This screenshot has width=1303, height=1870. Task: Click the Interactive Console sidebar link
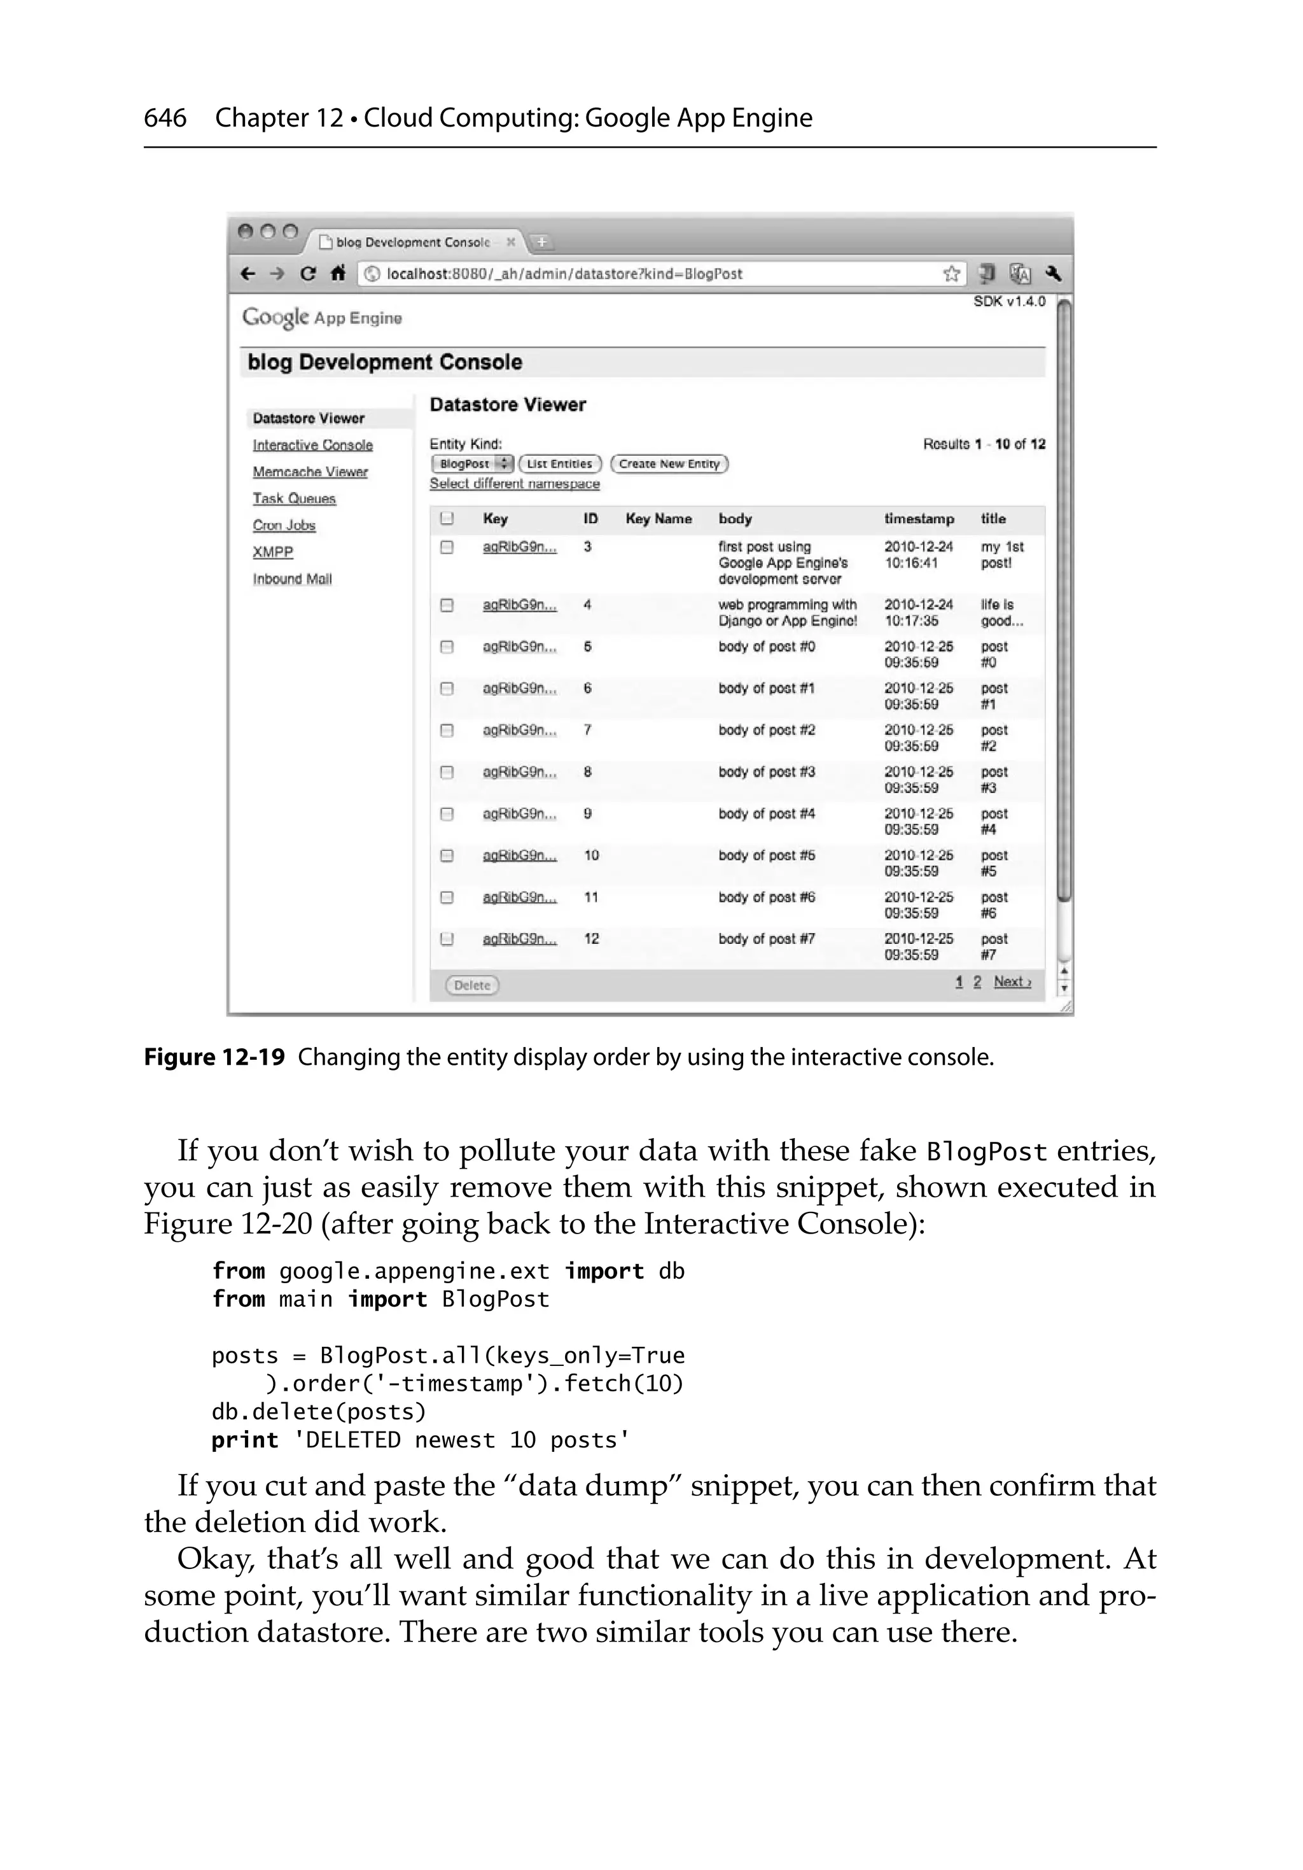[x=313, y=445]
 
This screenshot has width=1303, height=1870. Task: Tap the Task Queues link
[x=294, y=498]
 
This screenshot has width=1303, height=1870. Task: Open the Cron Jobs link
[x=283, y=525]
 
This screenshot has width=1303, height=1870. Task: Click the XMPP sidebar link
[x=272, y=552]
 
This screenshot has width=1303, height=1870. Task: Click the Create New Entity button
[x=669, y=463]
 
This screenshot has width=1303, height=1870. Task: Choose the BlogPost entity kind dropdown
[x=471, y=463]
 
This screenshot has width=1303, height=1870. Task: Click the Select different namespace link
[x=514, y=483]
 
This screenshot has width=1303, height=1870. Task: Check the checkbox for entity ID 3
[x=446, y=547]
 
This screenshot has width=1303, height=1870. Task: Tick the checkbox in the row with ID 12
[x=446, y=939]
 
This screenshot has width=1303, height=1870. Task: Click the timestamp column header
[x=919, y=519]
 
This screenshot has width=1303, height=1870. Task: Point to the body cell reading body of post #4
[x=766, y=813]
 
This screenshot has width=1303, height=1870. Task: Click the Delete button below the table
[x=471, y=985]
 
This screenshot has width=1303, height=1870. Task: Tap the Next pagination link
[x=1012, y=981]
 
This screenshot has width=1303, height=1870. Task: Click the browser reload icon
[x=307, y=274]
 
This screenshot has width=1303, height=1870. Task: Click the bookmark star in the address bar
[x=951, y=274]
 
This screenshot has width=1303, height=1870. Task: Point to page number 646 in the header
[x=165, y=118]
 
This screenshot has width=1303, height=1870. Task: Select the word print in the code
[x=244, y=1440]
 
